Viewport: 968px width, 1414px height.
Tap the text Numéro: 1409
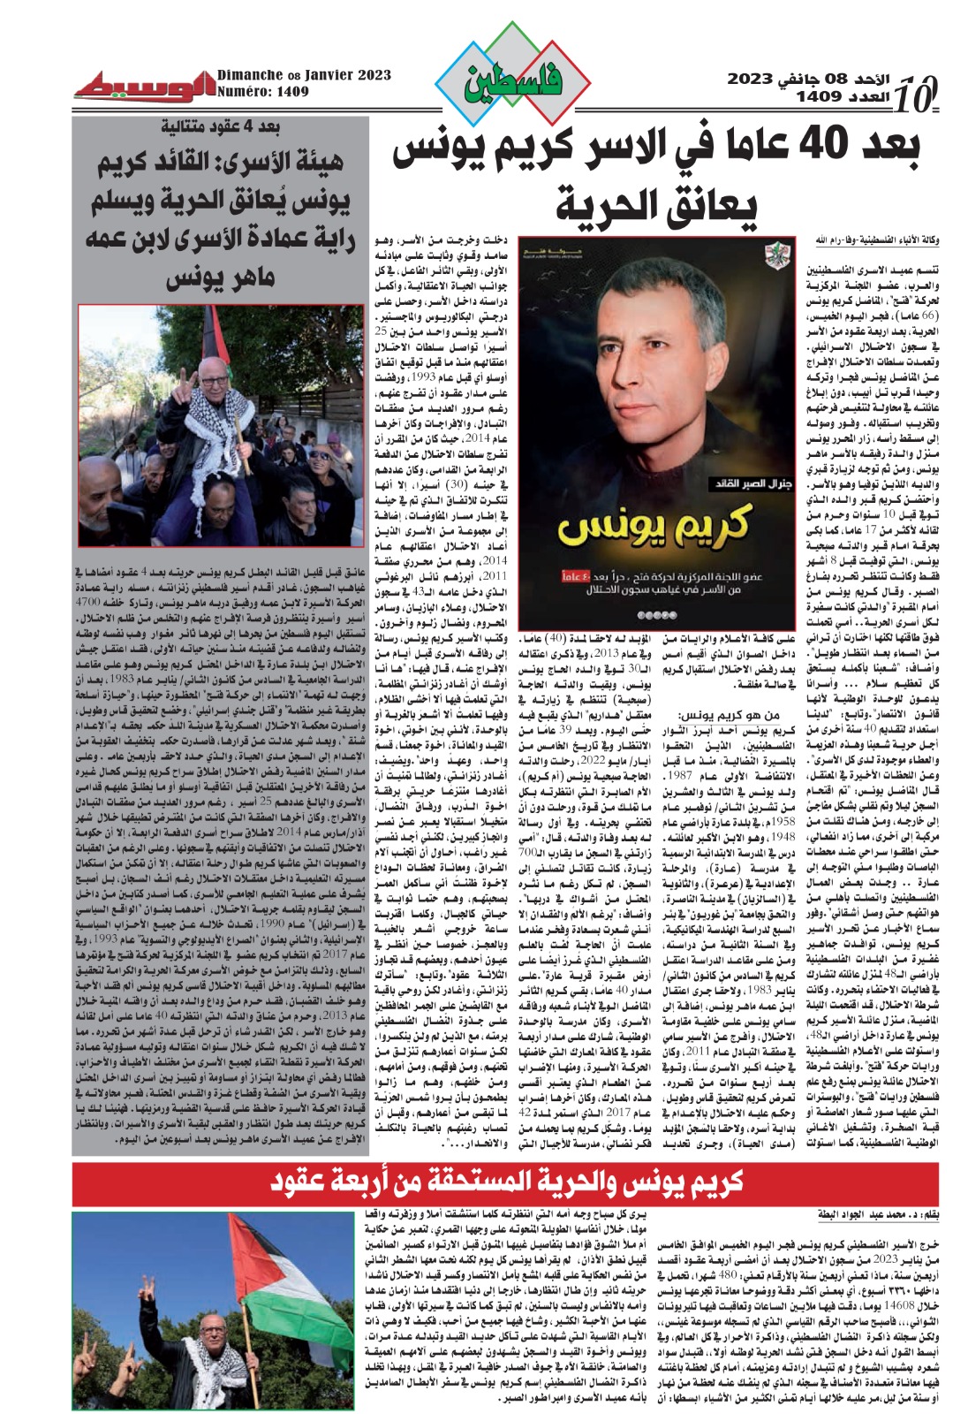263,91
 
